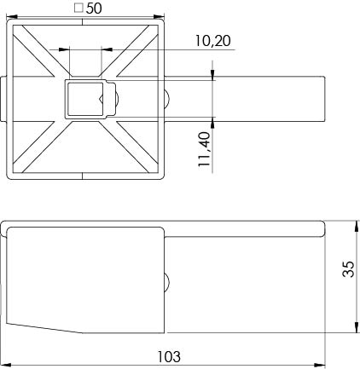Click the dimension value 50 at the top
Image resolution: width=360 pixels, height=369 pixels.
[x=93, y=8]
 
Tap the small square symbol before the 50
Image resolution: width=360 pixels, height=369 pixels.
[x=78, y=8]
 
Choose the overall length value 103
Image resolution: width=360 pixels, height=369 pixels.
[x=169, y=357]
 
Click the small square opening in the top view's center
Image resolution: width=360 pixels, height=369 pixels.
[x=84, y=98]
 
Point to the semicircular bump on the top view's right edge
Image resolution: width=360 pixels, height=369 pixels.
[x=168, y=98]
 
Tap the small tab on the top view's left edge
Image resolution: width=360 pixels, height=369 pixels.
[x=5, y=98]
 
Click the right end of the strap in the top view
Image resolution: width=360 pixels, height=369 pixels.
[x=325, y=98]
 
